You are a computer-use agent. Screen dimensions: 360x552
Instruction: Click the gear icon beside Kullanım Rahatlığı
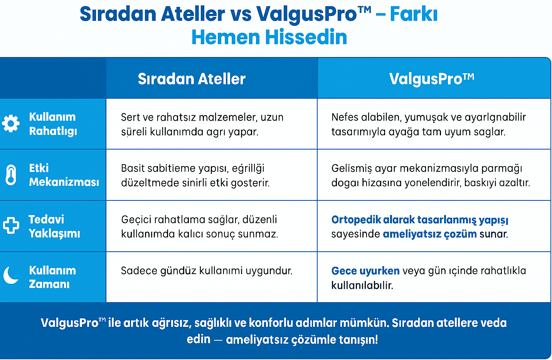point(11,124)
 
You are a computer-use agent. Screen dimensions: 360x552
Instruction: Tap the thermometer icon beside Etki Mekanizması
point(11,175)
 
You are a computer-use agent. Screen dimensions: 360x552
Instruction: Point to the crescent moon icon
point(11,275)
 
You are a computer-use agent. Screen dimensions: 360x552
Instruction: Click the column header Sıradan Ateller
point(192,79)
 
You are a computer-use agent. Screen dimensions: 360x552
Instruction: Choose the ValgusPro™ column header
point(431,79)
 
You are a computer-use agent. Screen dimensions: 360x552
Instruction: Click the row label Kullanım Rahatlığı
point(53,124)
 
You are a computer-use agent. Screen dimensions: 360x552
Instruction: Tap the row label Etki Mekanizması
point(64,175)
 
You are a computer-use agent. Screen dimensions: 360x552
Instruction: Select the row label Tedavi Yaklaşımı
point(54,226)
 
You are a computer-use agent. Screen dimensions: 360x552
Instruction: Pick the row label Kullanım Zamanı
point(52,277)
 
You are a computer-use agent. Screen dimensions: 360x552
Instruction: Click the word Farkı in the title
point(414,14)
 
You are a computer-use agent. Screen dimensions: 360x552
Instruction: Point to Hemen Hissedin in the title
point(269,37)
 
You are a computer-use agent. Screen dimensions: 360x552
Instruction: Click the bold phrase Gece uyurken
point(365,271)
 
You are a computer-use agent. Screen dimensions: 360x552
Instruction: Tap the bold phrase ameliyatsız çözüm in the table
point(430,234)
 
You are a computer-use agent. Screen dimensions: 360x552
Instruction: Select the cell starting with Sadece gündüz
point(207,271)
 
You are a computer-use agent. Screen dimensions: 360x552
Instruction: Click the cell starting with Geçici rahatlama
point(199,227)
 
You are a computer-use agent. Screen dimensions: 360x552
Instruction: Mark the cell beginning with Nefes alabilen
point(428,124)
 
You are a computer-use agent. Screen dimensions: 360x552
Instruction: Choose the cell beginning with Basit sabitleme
point(195,175)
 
